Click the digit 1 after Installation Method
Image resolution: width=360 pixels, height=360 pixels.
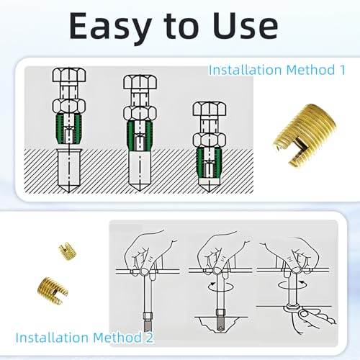pos(342,70)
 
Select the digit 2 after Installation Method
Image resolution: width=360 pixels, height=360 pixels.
pos(149,337)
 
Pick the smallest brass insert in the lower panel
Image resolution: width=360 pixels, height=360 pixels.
pos(68,251)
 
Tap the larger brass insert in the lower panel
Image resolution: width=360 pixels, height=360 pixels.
pos(53,291)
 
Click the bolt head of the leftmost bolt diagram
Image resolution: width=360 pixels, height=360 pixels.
pos(69,75)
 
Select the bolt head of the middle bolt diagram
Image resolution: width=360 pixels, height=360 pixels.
pos(140,82)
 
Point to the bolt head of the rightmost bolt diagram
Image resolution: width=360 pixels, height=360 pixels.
pos(210,109)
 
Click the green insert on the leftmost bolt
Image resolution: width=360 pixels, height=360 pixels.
pos(69,129)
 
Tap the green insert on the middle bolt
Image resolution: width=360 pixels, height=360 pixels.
pos(140,136)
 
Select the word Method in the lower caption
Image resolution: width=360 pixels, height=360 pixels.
pos(117,337)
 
